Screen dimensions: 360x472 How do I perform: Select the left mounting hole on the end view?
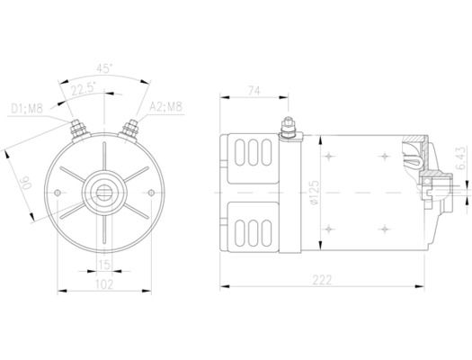59,193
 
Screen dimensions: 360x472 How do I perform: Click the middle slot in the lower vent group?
254,231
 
